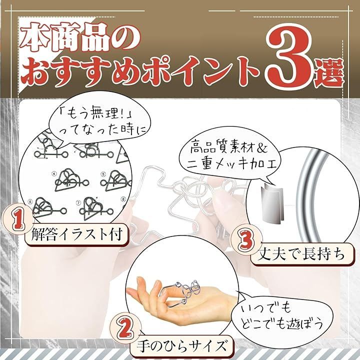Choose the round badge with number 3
(243, 241)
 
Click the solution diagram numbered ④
(70, 177)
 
